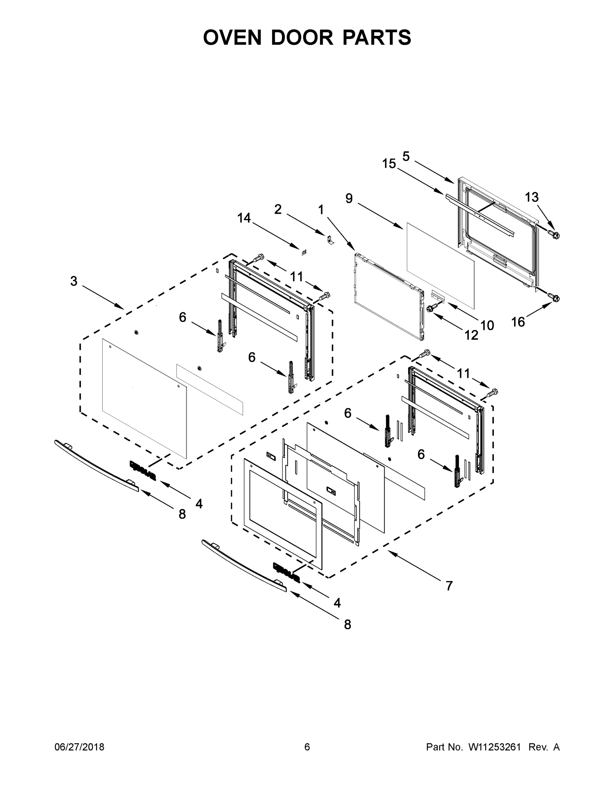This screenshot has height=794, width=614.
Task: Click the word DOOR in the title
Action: point(302,37)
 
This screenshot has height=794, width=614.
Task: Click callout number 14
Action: point(244,218)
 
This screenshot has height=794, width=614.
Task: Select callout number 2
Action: point(278,209)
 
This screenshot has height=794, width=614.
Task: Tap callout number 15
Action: point(389,164)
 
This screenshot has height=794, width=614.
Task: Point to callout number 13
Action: point(532,198)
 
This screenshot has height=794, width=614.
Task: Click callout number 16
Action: point(518,322)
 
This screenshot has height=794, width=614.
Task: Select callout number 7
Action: point(449,586)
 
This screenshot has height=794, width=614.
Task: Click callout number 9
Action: point(349,198)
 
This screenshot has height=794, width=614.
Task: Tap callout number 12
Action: point(471,335)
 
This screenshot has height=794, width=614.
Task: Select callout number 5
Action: point(406,157)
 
